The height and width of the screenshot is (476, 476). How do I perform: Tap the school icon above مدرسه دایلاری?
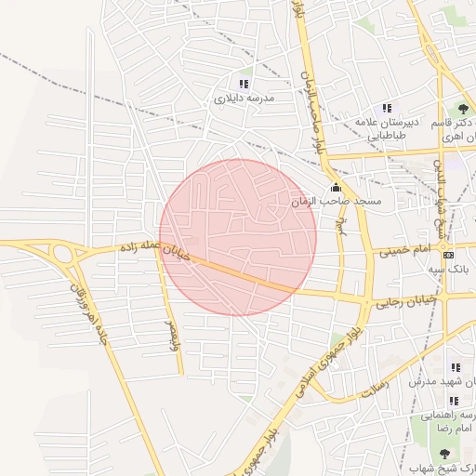coord(245,83)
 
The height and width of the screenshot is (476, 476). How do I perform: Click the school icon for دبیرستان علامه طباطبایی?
coord(388,109)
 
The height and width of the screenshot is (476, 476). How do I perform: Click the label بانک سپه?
coord(445,269)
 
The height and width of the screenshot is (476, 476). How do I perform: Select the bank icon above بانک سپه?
coord(449,255)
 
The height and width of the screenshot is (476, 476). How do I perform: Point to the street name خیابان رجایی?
coord(405,302)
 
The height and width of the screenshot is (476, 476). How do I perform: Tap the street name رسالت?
coord(363,391)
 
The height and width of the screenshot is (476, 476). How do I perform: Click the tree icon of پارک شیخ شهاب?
coord(444,453)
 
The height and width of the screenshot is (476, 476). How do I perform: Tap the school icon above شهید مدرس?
coord(456,367)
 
